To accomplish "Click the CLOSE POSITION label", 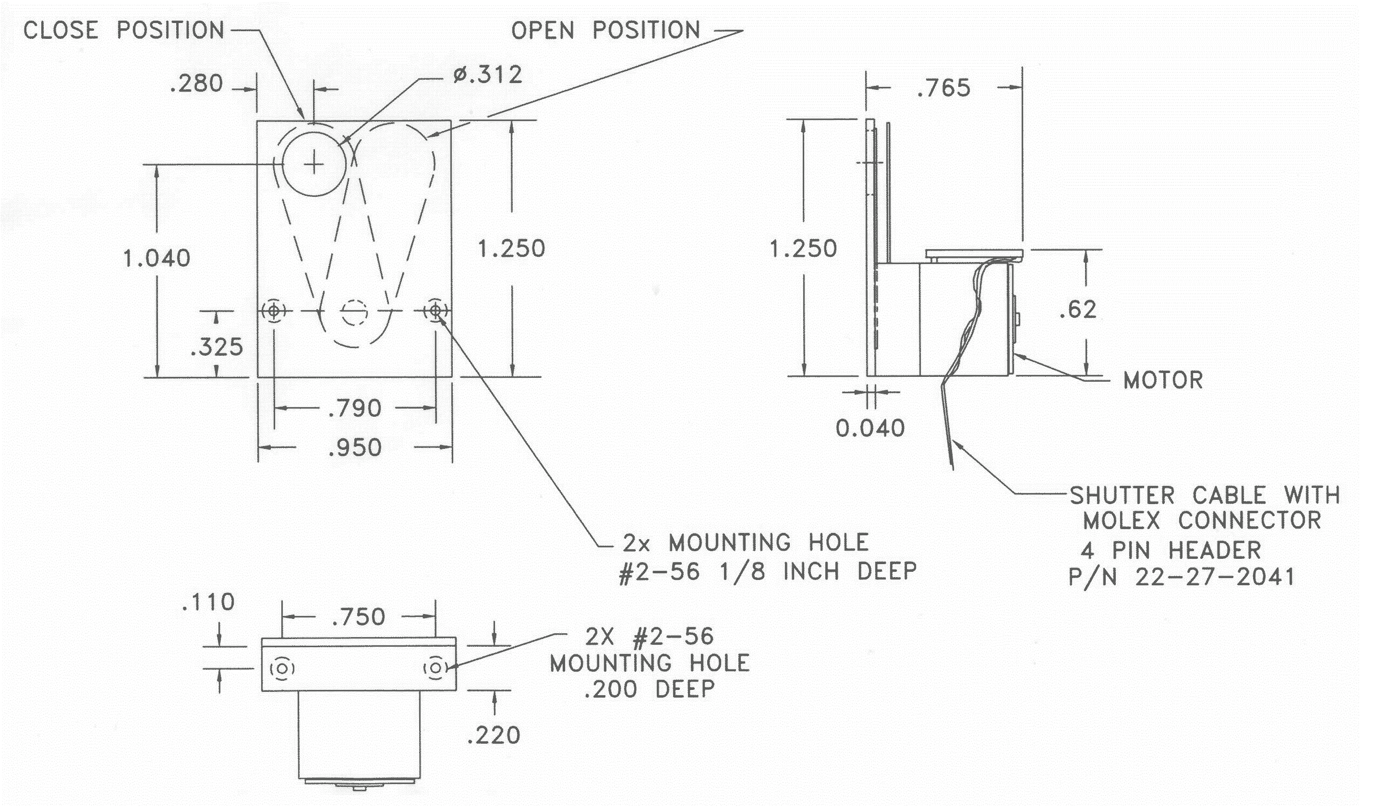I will pyautogui.click(x=124, y=31).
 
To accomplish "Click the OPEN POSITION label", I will pyautogui.click(x=605, y=31).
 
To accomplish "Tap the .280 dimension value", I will pyautogui.click(x=196, y=84).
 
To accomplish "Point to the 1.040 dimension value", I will pyautogui.click(x=157, y=258).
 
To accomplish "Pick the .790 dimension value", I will pyautogui.click(x=355, y=408).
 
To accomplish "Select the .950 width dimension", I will pyautogui.click(x=355, y=448).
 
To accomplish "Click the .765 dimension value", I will pyautogui.click(x=944, y=88).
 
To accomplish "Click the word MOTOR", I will pyautogui.click(x=1163, y=380).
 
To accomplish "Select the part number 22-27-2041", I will pyautogui.click(x=1215, y=577).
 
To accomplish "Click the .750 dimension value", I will pyautogui.click(x=359, y=617).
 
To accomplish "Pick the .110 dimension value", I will pyautogui.click(x=208, y=603).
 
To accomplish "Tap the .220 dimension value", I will pyautogui.click(x=494, y=736).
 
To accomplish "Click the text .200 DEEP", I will pyautogui.click(x=649, y=690).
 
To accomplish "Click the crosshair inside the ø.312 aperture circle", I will pyautogui.click(x=314, y=163).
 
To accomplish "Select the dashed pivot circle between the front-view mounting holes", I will pyautogui.click(x=354, y=312).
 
